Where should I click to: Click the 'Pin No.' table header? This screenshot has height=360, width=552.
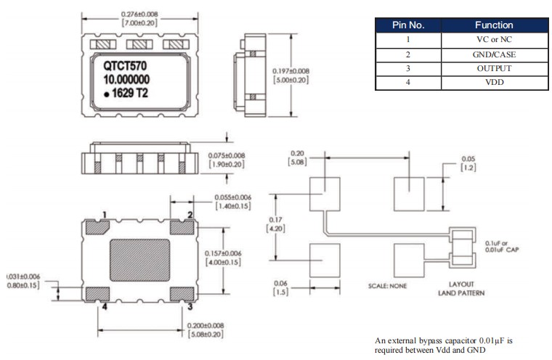pos(407,25)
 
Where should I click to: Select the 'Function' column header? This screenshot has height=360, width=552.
pos(494,25)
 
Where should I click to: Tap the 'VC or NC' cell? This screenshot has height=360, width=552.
pos(494,39)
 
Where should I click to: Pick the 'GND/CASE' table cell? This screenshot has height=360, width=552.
pos(494,54)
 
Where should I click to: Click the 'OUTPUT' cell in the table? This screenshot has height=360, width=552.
pos(494,68)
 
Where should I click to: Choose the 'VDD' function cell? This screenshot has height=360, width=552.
pos(494,83)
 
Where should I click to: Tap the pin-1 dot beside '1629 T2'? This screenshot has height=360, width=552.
pos(106,94)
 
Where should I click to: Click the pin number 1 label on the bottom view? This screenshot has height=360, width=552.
pos(105,214)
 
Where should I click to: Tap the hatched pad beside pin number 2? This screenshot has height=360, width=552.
pos(182,228)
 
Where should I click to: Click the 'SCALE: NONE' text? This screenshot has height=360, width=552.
pos(389,286)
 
